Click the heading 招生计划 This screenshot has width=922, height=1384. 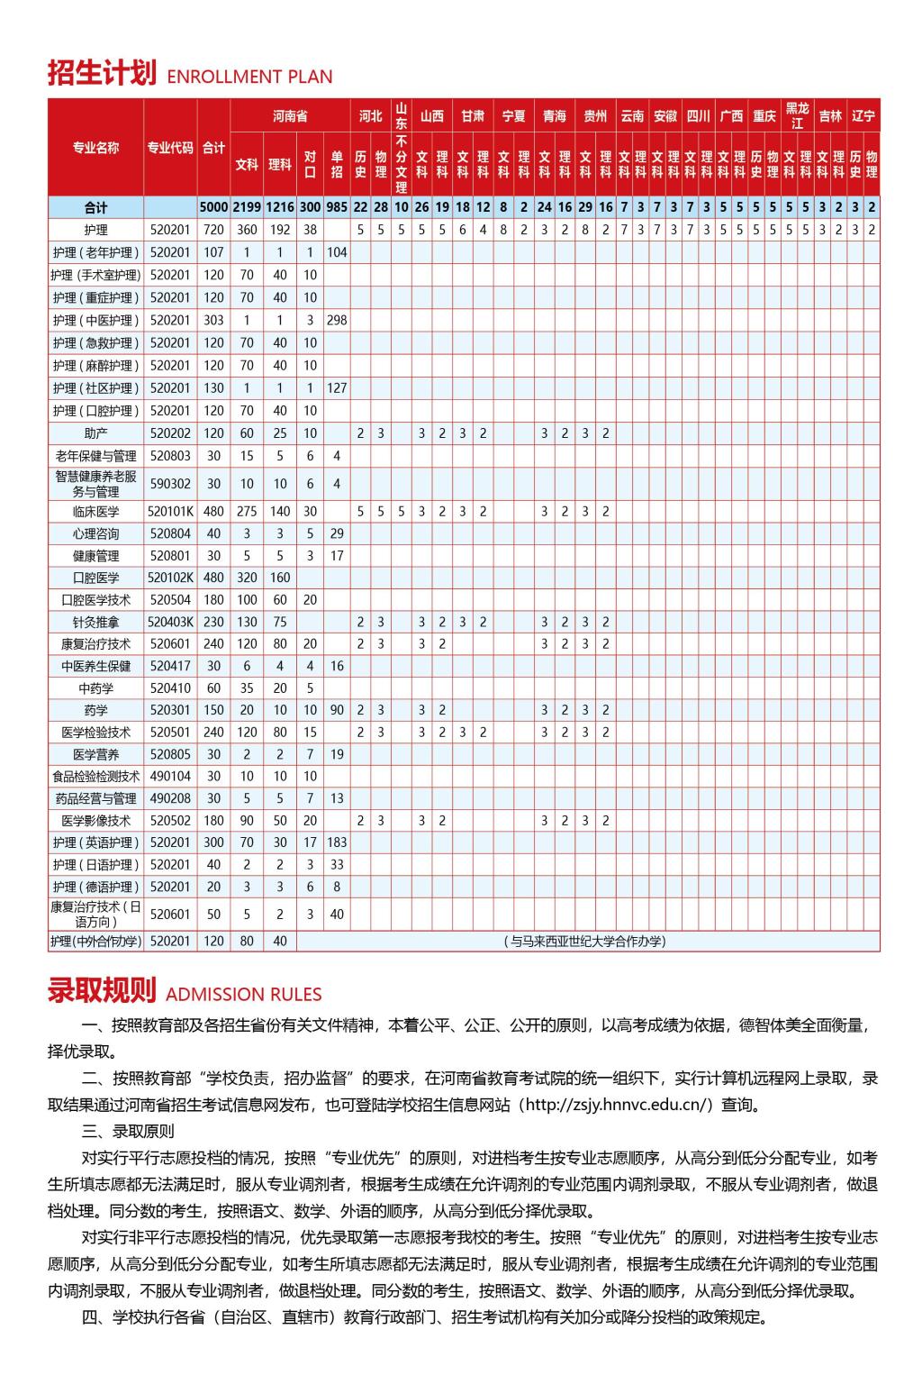102,73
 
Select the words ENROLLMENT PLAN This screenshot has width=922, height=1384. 249,77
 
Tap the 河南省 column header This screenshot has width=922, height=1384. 290,116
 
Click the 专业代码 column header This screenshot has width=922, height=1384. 170,148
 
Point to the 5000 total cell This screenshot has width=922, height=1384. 213,207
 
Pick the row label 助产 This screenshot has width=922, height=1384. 95,433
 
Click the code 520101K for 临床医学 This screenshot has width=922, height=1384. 170,512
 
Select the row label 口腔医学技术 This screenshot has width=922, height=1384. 95,600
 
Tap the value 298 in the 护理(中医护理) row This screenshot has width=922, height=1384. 337,321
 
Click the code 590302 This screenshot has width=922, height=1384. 170,484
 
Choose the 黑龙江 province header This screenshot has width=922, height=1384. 797,116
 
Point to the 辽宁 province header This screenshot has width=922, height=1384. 863,116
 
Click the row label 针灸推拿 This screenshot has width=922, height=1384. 95,622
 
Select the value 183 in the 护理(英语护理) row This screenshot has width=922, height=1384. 337,842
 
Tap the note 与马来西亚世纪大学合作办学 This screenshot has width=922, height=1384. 587,942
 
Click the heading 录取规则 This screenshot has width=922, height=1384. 102,991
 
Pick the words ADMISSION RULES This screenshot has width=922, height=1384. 243,995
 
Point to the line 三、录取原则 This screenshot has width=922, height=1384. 128,1131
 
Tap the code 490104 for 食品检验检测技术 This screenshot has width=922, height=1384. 170,776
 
